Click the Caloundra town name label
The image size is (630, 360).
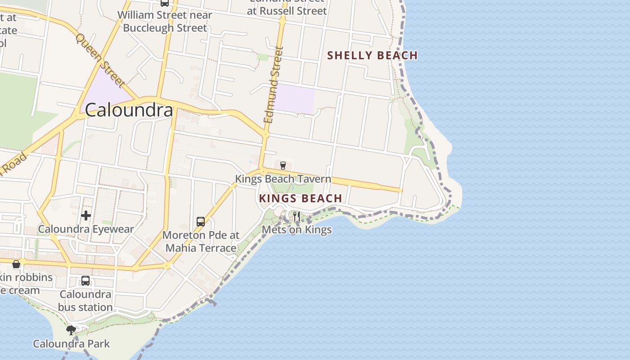(129, 110)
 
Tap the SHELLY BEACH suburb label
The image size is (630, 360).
(372, 55)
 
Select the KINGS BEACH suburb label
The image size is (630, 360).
(301, 198)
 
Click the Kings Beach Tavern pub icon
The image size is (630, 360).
(283, 166)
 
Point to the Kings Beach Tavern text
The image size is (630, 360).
(283, 179)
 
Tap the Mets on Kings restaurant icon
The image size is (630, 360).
(296, 216)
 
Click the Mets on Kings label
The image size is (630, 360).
(297, 229)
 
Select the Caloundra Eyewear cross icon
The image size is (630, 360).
(86, 216)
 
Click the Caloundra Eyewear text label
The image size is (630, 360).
(86, 229)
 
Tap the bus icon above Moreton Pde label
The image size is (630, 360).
(201, 221)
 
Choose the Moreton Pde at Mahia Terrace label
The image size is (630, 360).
(201, 242)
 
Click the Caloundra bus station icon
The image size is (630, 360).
(85, 281)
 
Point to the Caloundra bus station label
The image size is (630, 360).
(85, 301)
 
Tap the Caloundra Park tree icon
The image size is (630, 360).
(71, 330)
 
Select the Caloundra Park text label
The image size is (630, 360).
(71, 344)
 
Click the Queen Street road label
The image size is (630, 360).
(100, 60)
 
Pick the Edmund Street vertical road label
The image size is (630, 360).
(274, 85)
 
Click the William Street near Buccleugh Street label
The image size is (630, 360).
(165, 21)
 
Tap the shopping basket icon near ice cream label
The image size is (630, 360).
(16, 264)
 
